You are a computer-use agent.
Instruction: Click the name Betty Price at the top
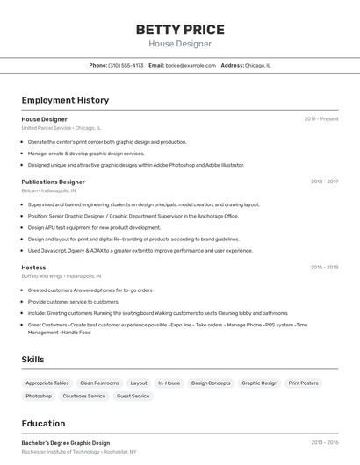[179, 29]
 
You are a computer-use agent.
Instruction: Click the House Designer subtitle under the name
[179, 44]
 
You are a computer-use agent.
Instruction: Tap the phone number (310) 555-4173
[126, 65]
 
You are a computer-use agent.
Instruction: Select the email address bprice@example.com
[191, 65]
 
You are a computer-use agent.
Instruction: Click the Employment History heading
[65, 100]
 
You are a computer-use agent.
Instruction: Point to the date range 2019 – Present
[321, 119]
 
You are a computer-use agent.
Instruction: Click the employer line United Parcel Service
[61, 128]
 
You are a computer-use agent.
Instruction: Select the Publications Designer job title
[54, 182]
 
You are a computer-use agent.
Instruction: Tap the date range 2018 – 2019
[324, 182]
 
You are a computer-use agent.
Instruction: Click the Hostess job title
[33, 267]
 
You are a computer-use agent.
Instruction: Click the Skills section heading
[33, 360]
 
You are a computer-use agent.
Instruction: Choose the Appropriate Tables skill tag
[47, 383]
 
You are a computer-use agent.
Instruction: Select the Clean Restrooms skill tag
[99, 383]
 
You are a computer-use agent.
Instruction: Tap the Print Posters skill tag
[303, 383]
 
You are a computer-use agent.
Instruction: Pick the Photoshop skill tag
[39, 396]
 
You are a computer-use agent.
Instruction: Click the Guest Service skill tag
[133, 396]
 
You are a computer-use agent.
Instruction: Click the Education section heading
[43, 423]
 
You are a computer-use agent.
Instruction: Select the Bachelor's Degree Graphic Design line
[66, 443]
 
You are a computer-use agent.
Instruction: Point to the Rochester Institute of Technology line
[79, 452]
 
